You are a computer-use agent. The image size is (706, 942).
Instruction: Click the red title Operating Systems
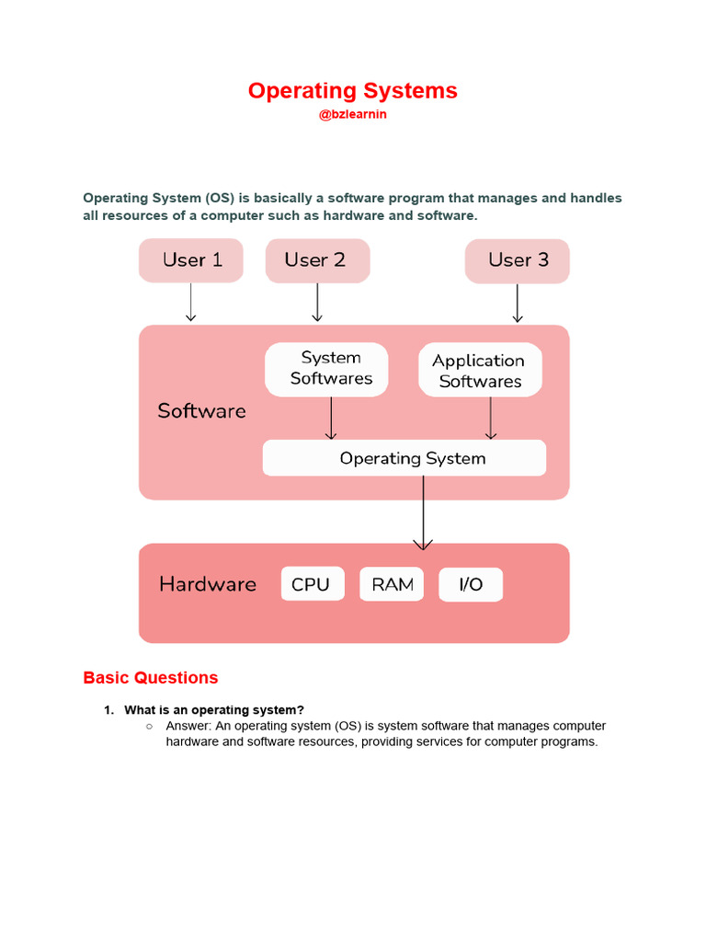coord(352,91)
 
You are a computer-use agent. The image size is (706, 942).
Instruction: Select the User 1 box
coord(191,260)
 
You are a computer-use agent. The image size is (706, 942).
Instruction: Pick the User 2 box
coord(317,260)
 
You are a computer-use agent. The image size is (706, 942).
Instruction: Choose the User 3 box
coord(518,260)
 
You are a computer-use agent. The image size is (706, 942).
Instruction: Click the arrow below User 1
coord(191,303)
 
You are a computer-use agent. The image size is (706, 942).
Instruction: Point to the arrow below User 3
coord(518,303)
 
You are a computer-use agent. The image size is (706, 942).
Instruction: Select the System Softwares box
coord(331,369)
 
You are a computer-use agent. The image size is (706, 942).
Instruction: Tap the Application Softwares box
coord(480,371)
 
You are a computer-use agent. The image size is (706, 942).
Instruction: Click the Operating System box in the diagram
coord(404,458)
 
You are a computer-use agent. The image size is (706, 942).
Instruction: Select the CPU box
coord(312,584)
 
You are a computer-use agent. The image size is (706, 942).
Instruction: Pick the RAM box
coord(392,584)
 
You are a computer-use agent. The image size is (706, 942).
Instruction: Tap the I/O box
coord(471,584)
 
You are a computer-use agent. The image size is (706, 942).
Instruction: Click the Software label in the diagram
coord(201,411)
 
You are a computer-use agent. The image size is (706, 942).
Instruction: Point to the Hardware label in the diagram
coord(208,584)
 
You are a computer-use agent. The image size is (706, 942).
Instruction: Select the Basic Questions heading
coord(151,678)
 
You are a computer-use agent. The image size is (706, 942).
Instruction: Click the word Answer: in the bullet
coord(188,726)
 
